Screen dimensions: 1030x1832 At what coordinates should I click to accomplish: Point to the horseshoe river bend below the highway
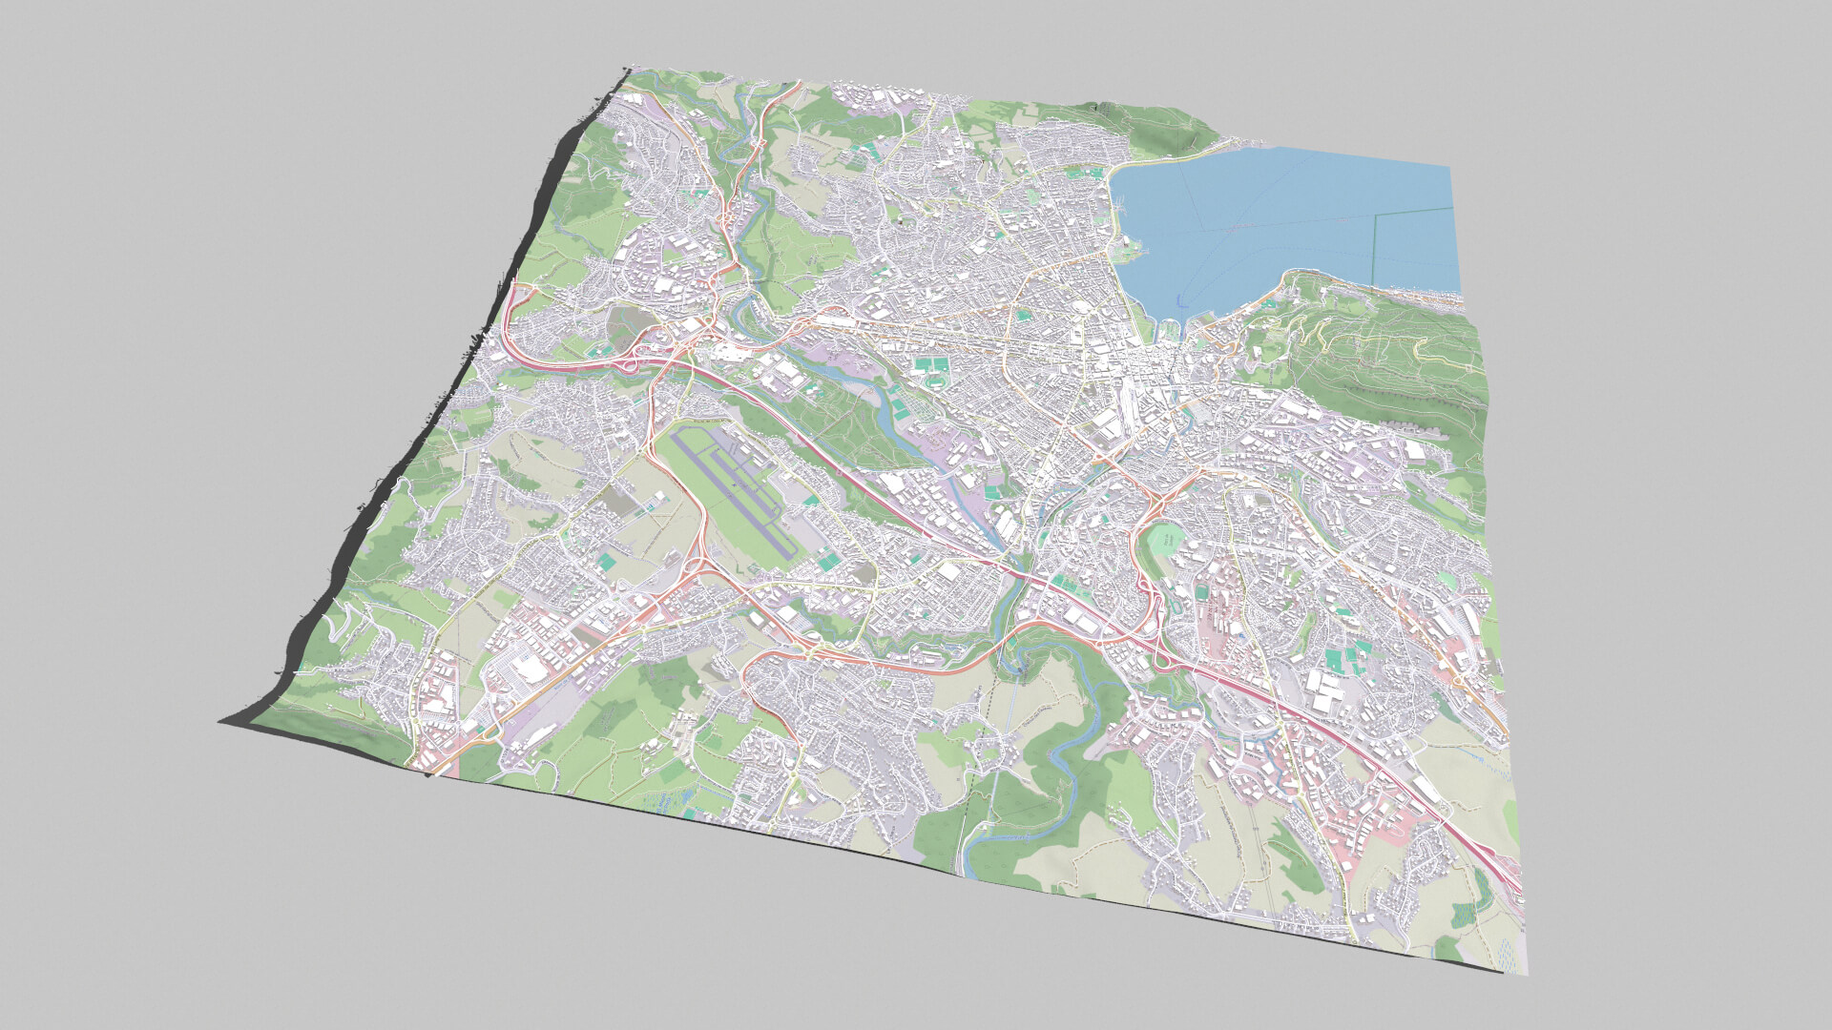[x=1026, y=658]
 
